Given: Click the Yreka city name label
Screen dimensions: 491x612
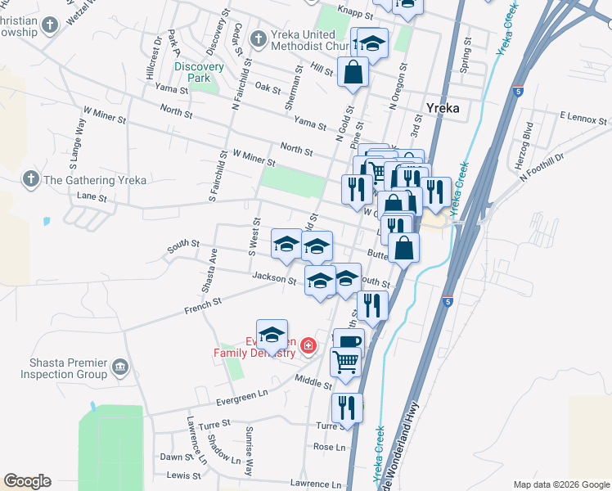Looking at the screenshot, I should coord(443,107).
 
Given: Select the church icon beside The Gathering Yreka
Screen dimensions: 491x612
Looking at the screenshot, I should coord(30,179).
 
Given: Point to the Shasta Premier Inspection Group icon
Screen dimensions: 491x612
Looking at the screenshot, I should coord(120,367).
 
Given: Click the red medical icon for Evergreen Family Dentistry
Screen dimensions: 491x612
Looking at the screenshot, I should coord(308,347).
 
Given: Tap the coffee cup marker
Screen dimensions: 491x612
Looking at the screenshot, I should coord(349,343).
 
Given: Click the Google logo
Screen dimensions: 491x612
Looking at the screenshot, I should coord(27,481).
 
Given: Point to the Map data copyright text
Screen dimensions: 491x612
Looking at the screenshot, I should coord(560,484).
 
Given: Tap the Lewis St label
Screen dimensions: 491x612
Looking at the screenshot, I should coord(184,475).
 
